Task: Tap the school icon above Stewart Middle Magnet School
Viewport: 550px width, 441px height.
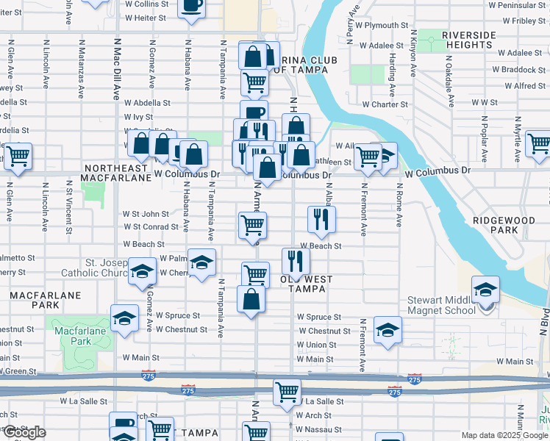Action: click(x=485, y=291)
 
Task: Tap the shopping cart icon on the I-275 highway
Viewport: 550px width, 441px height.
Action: click(x=287, y=392)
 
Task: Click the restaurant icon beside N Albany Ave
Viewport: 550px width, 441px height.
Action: click(x=321, y=219)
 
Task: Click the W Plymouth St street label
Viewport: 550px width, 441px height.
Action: click(x=374, y=25)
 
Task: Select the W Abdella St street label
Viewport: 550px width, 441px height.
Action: click(x=147, y=104)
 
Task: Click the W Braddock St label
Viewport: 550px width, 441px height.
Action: click(x=518, y=70)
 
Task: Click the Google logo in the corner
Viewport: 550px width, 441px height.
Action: click(x=24, y=432)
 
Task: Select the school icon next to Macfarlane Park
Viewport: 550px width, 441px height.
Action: click(x=125, y=319)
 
